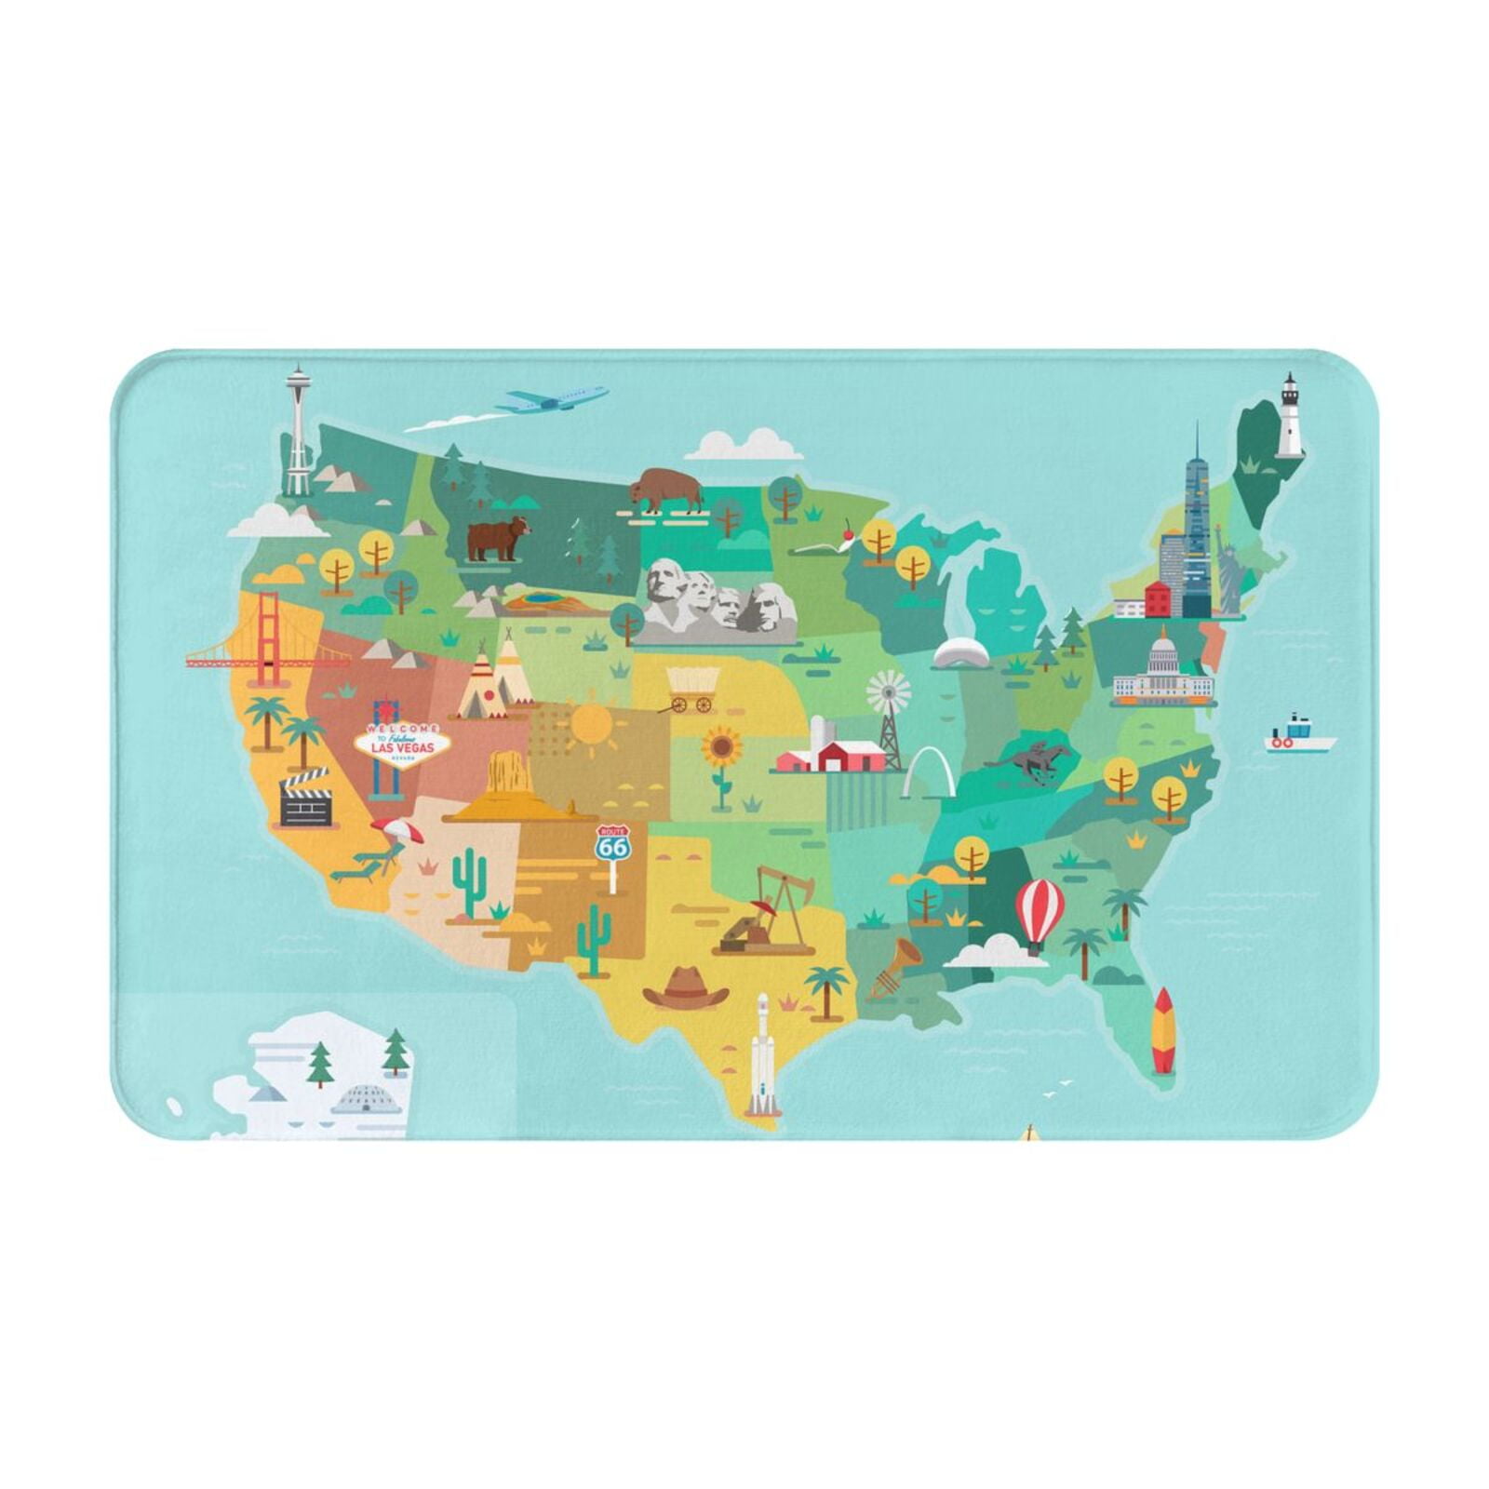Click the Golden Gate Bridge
[x=268, y=642]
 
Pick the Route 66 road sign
[x=612, y=845]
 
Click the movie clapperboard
[x=306, y=798]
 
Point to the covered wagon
[x=692, y=688]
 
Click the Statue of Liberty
[x=1227, y=570]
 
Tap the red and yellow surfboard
[x=1163, y=1031]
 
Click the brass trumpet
[x=895, y=966]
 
